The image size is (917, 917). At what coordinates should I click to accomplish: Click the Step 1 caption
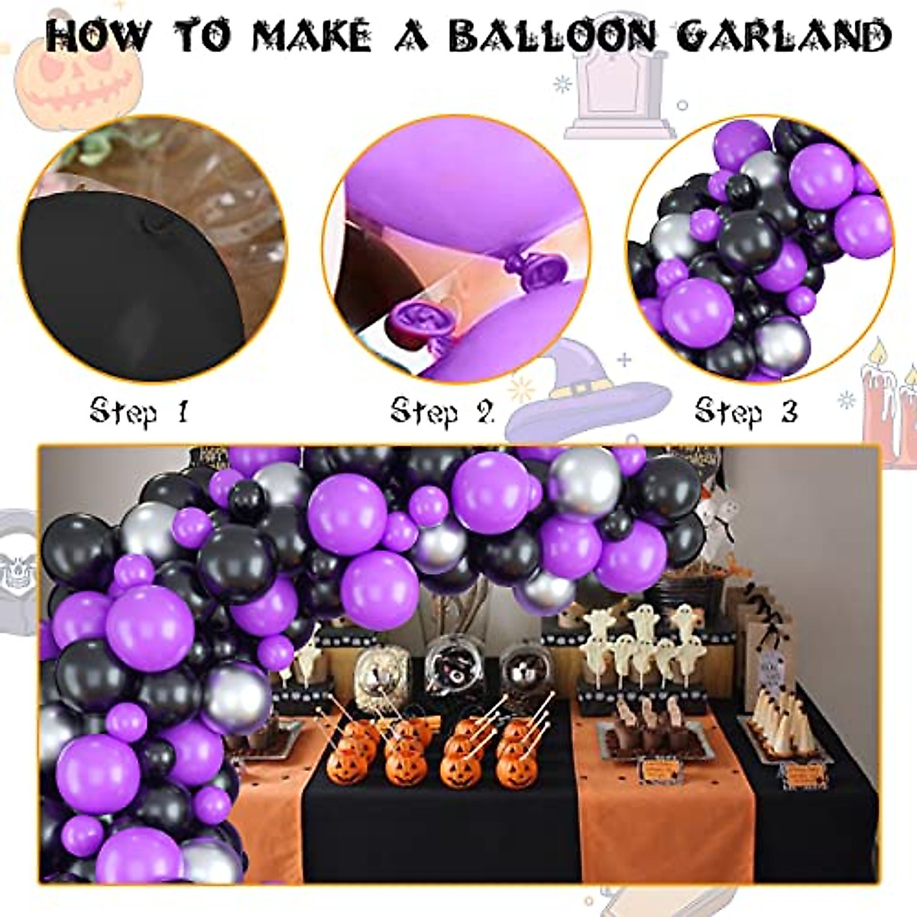point(138,411)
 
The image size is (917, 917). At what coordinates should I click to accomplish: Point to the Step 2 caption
point(442,411)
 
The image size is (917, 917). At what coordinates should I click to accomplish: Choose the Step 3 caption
point(746,411)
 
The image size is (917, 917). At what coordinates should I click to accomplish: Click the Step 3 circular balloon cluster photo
point(760,248)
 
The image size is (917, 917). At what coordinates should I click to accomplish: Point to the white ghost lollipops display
point(642,642)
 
